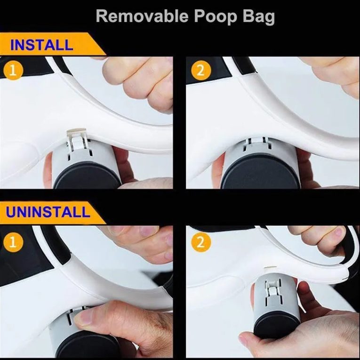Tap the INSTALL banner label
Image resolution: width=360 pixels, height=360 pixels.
pyautogui.click(x=41, y=45)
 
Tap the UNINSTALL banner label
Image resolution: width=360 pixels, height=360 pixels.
pyautogui.click(x=48, y=211)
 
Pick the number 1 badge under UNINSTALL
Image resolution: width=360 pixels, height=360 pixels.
pyautogui.click(x=14, y=242)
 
